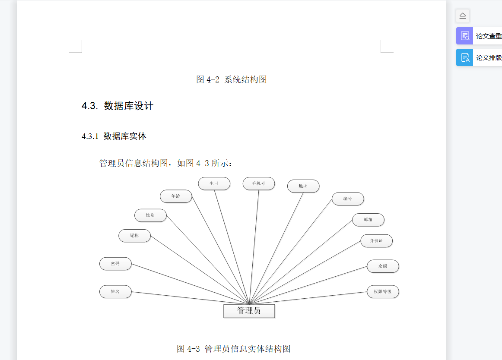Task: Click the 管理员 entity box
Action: [249, 311]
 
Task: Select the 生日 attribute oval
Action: [214, 183]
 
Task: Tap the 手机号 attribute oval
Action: [258, 183]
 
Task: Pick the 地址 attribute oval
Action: [303, 186]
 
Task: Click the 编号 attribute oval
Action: [347, 199]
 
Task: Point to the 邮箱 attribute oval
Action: [368, 220]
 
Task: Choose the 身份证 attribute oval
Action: [376, 240]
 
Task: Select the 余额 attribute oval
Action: [382, 266]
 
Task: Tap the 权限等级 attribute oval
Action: [382, 291]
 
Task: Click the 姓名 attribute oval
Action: [115, 291]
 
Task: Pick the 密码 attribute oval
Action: [115, 264]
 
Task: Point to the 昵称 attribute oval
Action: [134, 236]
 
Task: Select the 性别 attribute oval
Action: [150, 215]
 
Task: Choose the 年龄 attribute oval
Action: [175, 196]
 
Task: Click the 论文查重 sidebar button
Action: [480, 36]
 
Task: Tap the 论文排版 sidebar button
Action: [480, 57]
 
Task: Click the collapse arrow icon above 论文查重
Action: [462, 16]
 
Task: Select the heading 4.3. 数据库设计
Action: [118, 106]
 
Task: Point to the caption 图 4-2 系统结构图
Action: [231, 79]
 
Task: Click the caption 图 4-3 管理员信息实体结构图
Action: [233, 349]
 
